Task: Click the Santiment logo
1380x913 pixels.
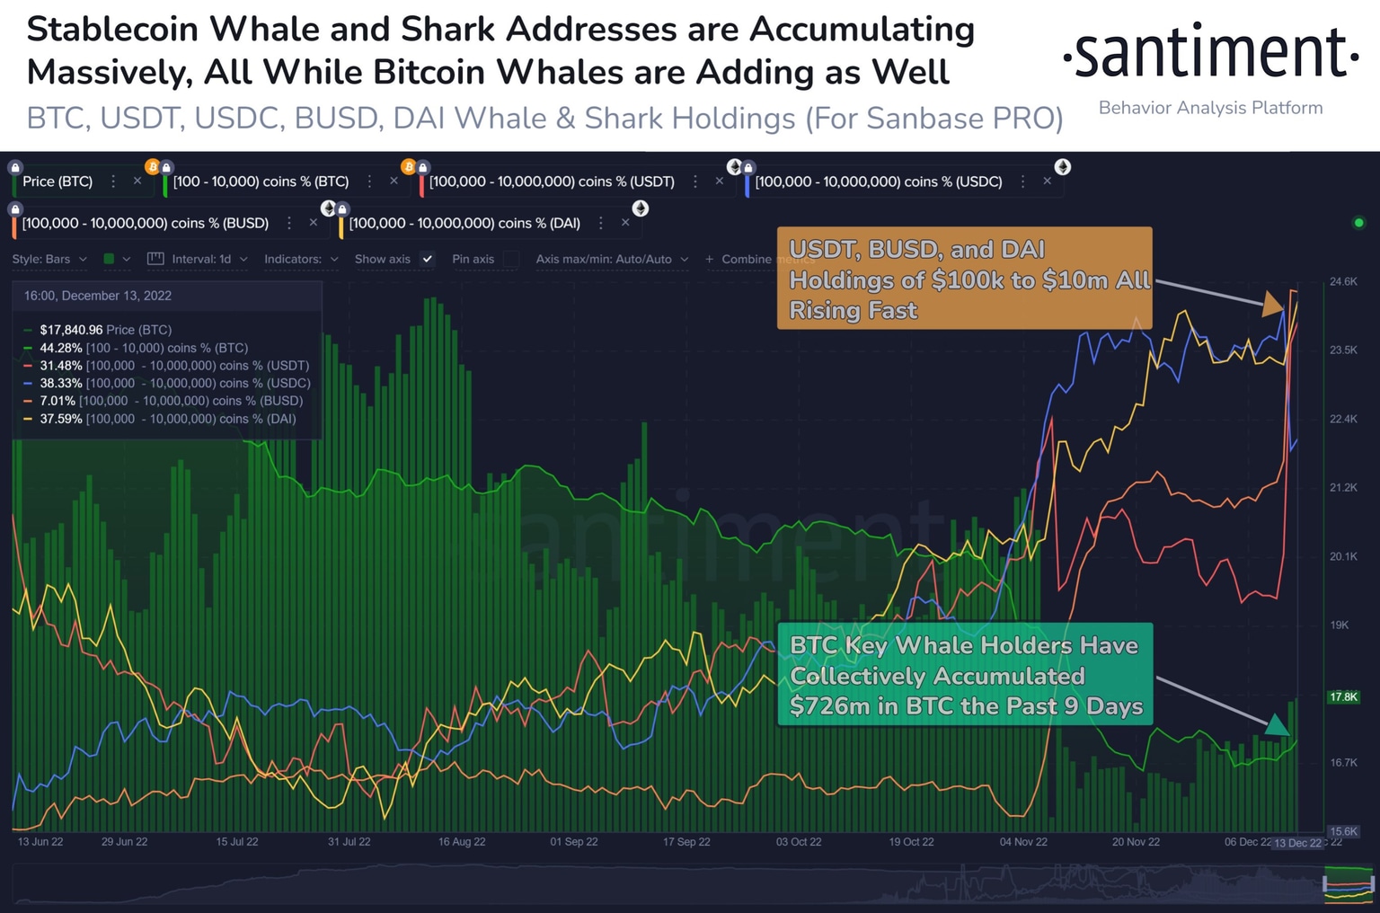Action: coord(1210,54)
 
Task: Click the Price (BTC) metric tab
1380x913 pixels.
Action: coord(57,182)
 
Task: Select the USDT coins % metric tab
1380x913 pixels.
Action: coord(551,182)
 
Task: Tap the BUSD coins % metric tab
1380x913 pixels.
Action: coord(145,223)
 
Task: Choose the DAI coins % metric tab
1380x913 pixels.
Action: coord(464,223)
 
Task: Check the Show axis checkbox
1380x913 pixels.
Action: coord(428,259)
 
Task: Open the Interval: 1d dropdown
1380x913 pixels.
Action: coord(200,259)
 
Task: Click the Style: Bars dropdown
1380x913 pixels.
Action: coord(49,259)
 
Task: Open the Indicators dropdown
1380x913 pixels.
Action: coord(300,259)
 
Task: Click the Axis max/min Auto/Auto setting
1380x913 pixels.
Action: coord(611,259)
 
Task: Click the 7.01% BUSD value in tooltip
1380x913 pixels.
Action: coord(57,401)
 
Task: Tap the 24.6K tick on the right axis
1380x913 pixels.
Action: coord(1343,282)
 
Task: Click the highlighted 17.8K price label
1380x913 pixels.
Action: coord(1343,696)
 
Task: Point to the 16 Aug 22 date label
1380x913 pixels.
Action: coord(462,842)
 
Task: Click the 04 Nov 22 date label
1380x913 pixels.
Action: coord(1023,842)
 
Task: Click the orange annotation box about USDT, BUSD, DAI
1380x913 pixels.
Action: coord(964,279)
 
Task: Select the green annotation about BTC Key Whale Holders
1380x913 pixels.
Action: coord(964,675)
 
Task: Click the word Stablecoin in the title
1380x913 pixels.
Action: coord(112,29)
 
